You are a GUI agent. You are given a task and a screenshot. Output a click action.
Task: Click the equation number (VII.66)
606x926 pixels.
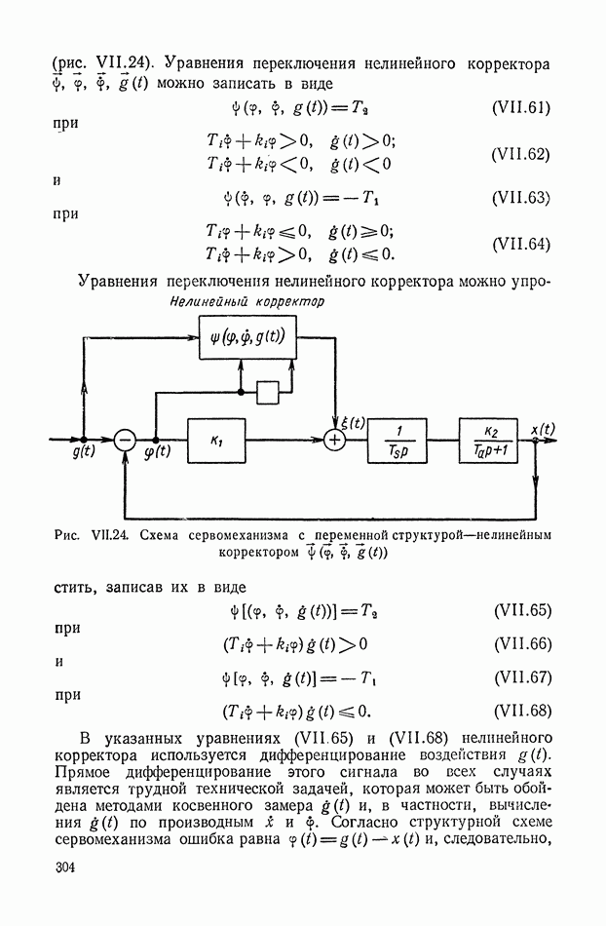point(524,643)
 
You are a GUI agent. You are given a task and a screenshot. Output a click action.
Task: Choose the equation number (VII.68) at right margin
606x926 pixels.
point(524,710)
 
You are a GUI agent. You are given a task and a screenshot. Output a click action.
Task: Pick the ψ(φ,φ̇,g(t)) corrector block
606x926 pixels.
point(247,338)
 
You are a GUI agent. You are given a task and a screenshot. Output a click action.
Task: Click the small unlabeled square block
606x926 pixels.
point(268,392)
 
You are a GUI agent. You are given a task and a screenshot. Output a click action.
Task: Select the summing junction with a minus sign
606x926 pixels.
point(126,441)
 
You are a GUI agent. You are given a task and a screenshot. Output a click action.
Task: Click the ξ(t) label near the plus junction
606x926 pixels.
point(353,422)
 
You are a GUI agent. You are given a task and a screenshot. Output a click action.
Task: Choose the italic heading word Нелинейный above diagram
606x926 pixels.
point(202,303)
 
